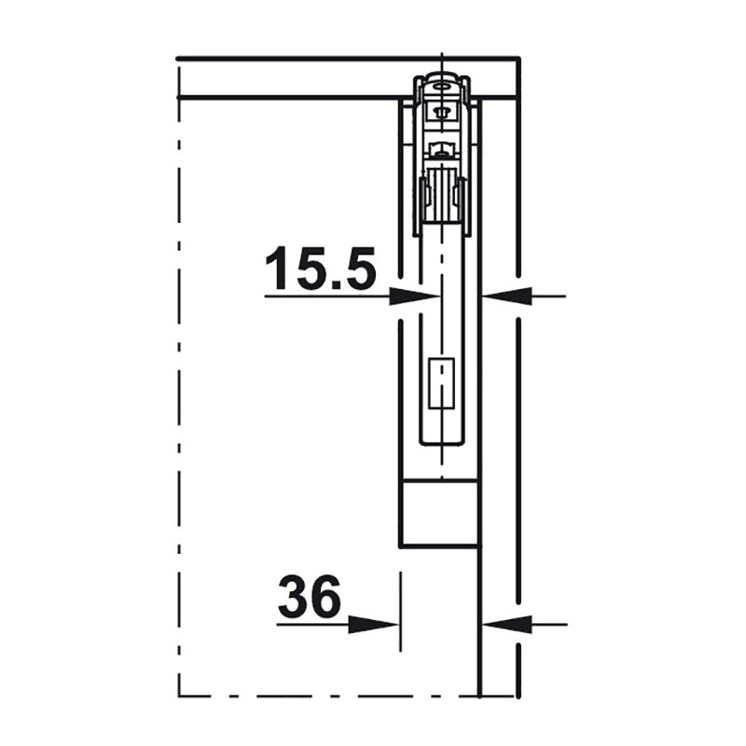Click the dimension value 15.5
(x=320, y=268)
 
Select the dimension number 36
(x=310, y=596)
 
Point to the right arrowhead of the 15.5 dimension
(x=507, y=296)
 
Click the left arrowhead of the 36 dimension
(x=374, y=624)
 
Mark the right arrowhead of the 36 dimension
(x=507, y=624)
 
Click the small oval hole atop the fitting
(x=442, y=87)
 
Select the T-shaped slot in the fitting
(x=442, y=113)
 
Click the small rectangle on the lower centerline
(x=442, y=384)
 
